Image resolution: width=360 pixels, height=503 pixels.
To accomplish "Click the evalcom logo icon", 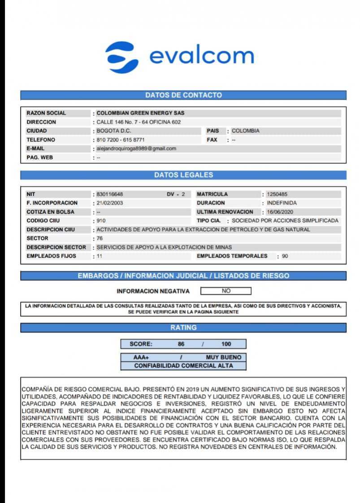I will (x=122, y=57).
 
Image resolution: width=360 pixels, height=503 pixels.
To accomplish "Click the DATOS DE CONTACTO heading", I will (x=183, y=95).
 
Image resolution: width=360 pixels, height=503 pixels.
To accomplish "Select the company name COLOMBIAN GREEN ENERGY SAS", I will (x=140, y=113).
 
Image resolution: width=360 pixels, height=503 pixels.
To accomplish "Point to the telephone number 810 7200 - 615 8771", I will (x=121, y=140).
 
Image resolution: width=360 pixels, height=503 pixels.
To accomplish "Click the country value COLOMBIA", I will (x=245, y=131).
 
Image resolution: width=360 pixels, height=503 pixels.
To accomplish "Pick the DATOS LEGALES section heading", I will (x=183, y=175).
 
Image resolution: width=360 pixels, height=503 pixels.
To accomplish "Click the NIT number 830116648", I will (x=110, y=194).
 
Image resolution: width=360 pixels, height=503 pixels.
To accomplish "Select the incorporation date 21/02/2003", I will (x=110, y=203).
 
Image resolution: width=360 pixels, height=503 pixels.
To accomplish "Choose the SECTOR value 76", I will (x=100, y=238).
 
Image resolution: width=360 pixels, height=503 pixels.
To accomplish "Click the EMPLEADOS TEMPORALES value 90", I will (x=285, y=256).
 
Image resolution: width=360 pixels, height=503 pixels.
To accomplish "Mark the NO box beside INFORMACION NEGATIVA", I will (x=226, y=291).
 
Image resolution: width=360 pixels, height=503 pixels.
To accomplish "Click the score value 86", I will (x=181, y=344).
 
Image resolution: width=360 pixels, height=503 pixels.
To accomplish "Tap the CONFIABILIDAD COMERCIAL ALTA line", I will (x=183, y=366).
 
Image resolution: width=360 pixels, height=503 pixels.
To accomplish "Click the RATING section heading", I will (x=183, y=328).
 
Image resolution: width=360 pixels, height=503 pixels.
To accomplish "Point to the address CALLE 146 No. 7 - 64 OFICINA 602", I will (x=139, y=122).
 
